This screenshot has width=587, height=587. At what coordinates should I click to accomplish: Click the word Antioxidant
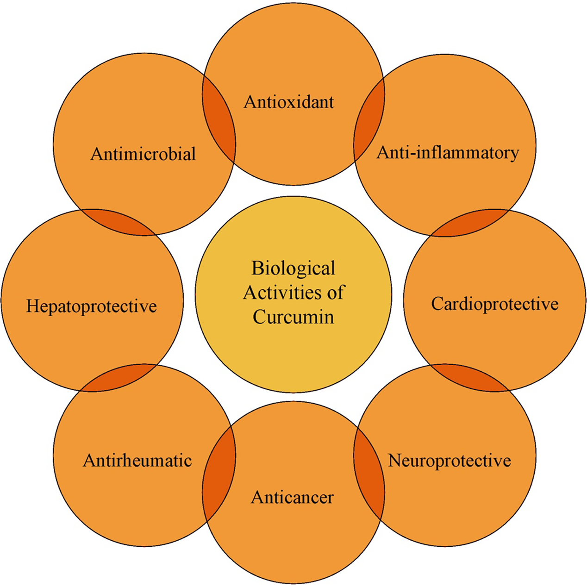pyautogui.click(x=289, y=102)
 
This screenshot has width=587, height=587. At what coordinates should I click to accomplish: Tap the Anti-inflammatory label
pyautogui.click(x=448, y=152)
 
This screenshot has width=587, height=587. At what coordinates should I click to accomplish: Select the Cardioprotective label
pyautogui.click(x=495, y=304)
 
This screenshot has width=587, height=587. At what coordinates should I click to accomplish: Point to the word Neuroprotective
pyautogui.click(x=450, y=460)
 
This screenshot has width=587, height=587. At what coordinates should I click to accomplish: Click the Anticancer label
pyautogui.click(x=292, y=497)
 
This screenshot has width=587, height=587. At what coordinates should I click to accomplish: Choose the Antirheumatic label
pyautogui.click(x=137, y=460)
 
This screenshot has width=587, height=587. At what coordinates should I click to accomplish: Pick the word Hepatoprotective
pyautogui.click(x=92, y=306)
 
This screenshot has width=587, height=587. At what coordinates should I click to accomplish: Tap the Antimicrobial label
pyautogui.click(x=143, y=154)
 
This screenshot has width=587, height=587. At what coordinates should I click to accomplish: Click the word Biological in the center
pyautogui.click(x=293, y=268)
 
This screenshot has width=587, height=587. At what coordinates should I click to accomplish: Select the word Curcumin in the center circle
pyautogui.click(x=293, y=317)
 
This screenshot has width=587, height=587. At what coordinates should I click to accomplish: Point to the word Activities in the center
pyautogui.click(x=281, y=293)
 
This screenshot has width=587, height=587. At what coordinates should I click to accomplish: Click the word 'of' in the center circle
pyautogui.click(x=336, y=293)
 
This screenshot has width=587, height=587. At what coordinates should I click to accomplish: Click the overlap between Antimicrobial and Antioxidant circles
pyautogui.click(x=219, y=121)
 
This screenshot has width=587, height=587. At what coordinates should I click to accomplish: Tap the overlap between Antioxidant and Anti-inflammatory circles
pyautogui.click(x=369, y=121)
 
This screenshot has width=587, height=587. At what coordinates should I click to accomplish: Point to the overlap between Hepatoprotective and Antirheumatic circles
pyautogui.click(x=119, y=378)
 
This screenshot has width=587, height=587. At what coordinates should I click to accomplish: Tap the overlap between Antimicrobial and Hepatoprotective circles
pyautogui.click(x=119, y=222)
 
